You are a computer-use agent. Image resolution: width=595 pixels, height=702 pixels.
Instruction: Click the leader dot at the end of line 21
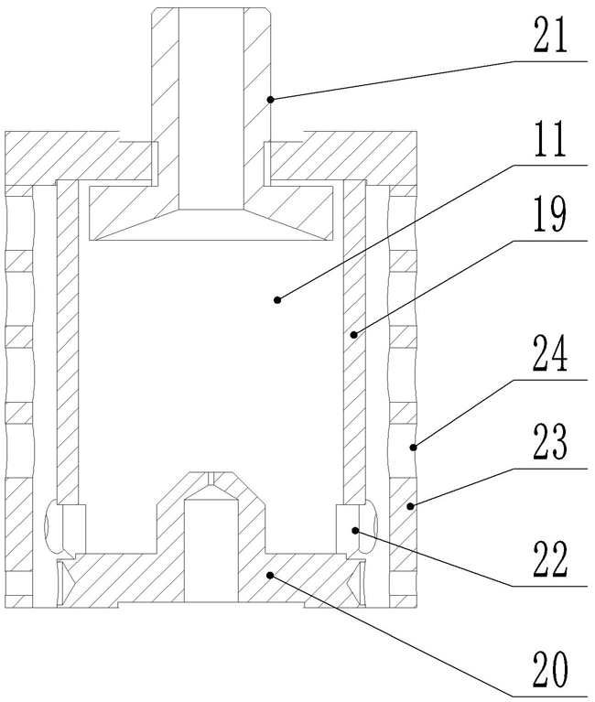271,98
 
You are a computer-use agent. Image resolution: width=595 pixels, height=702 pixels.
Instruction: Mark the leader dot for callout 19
352,335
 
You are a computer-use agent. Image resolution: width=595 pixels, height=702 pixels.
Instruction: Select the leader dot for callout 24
415,447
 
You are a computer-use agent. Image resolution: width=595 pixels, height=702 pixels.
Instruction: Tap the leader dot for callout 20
269,574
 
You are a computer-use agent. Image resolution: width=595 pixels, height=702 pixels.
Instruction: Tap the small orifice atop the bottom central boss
211,477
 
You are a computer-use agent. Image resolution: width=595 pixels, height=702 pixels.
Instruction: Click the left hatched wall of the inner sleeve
66,339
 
